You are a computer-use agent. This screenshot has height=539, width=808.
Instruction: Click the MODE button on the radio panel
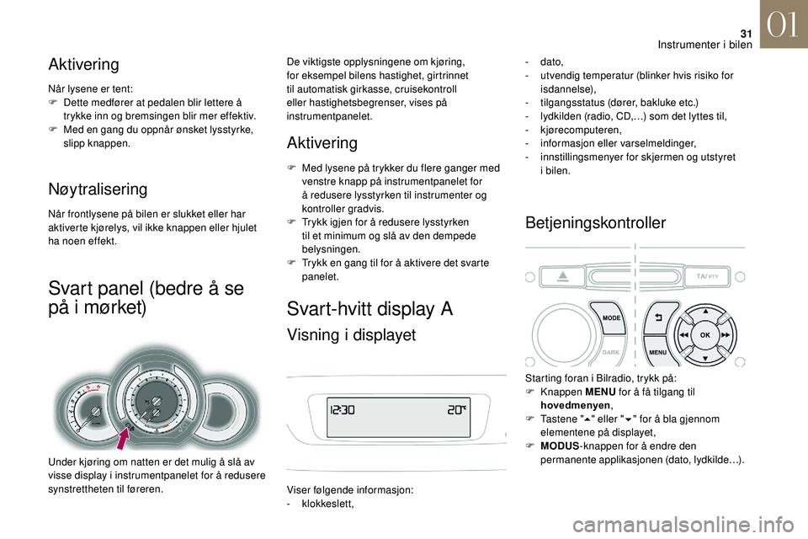pyautogui.click(x=611, y=318)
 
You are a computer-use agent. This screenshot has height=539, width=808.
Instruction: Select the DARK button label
pyautogui.click(x=611, y=353)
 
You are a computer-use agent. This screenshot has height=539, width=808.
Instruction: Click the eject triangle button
pyautogui.click(x=562, y=276)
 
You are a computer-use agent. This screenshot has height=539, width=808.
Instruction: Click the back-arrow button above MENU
pyautogui.click(x=657, y=318)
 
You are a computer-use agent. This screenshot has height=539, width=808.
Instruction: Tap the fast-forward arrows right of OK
pyautogui.click(x=724, y=334)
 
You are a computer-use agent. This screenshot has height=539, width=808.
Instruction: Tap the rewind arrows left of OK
pyautogui.click(x=685, y=334)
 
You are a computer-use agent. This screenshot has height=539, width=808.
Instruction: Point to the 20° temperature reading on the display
pyautogui.click(x=458, y=411)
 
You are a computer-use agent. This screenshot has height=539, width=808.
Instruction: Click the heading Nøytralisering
pyautogui.click(x=98, y=189)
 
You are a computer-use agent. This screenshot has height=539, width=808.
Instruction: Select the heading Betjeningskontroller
pyautogui.click(x=595, y=222)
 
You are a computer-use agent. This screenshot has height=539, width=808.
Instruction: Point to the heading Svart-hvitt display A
pyautogui.click(x=370, y=308)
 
